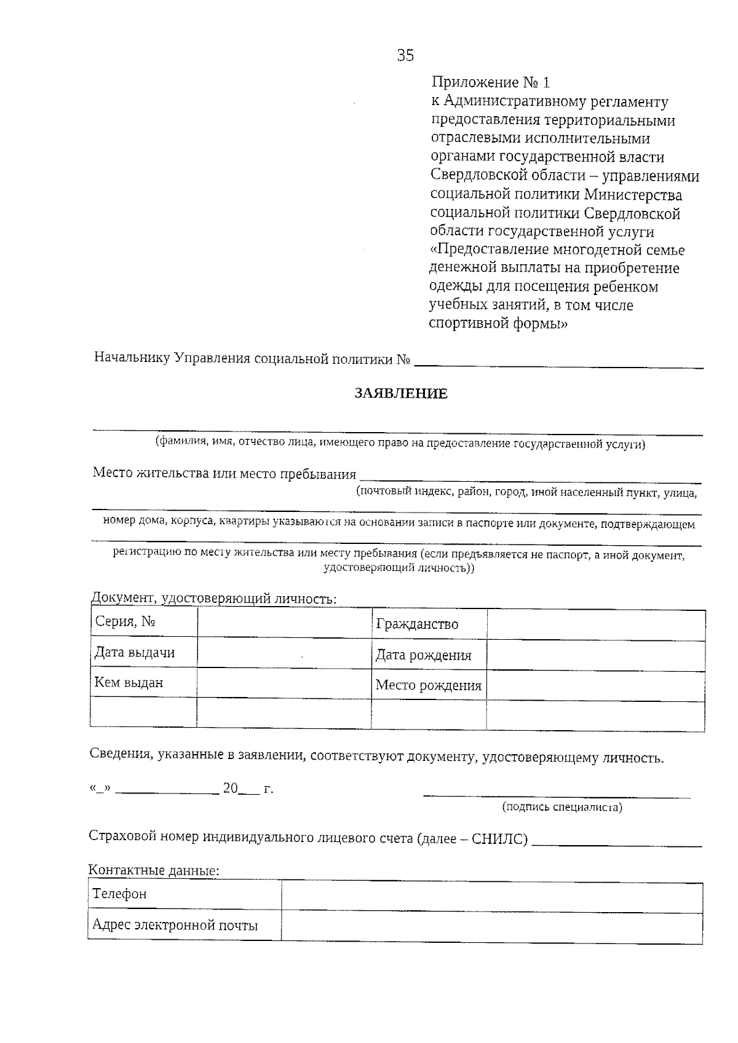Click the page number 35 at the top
pyautogui.click(x=405, y=56)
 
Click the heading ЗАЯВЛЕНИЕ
pyautogui.click(x=401, y=394)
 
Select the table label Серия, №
pyautogui.click(x=125, y=621)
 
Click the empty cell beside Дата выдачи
pyautogui.click(x=284, y=653)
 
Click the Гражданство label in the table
pyautogui.click(x=417, y=624)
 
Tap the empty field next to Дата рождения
pyautogui.click(x=595, y=655)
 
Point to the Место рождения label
pyautogui.click(x=428, y=685)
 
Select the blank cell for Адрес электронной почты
pyautogui.click(x=491, y=926)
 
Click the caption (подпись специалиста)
pyautogui.click(x=562, y=807)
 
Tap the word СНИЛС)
pyautogui.click(x=499, y=839)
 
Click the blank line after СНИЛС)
pyautogui.click(x=616, y=842)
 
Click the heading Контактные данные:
pyautogui.click(x=154, y=870)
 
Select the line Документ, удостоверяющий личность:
pyautogui.click(x=213, y=599)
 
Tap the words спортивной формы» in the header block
pyautogui.click(x=498, y=324)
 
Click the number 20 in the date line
pyautogui.click(x=231, y=789)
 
